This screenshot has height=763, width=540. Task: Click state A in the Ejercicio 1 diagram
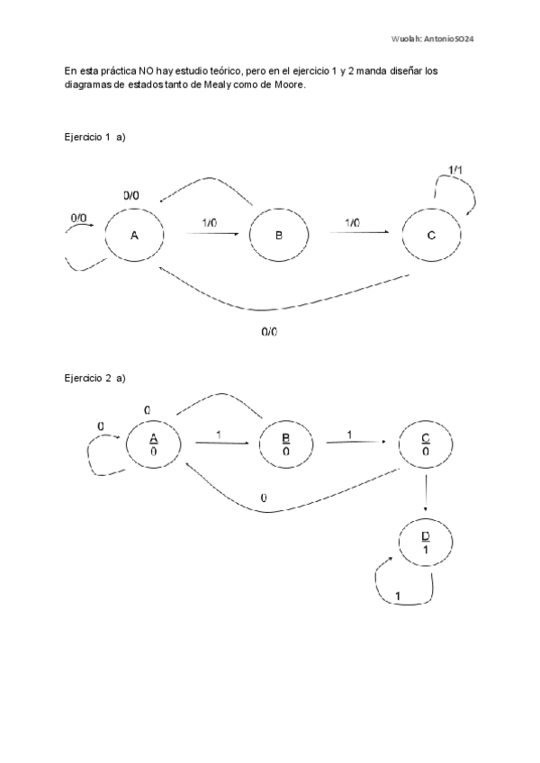(x=134, y=236)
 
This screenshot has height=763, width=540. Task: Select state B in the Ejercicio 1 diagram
(x=279, y=236)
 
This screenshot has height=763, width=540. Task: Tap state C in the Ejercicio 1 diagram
(x=431, y=236)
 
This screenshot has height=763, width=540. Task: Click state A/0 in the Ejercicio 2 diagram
(x=154, y=444)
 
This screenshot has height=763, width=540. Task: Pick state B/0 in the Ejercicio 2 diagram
(x=286, y=444)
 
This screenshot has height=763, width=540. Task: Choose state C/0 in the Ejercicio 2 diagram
(x=426, y=444)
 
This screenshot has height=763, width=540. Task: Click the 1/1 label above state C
(x=457, y=170)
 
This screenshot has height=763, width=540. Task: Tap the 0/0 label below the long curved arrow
(x=270, y=332)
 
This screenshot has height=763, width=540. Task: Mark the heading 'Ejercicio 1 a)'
(x=94, y=137)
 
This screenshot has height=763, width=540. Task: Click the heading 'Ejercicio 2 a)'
(x=94, y=378)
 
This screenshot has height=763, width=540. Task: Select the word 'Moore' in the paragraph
(x=289, y=85)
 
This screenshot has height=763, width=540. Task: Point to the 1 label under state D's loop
(x=398, y=596)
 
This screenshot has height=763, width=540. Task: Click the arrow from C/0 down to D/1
(x=426, y=495)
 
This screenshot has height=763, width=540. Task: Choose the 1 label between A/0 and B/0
(x=219, y=435)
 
